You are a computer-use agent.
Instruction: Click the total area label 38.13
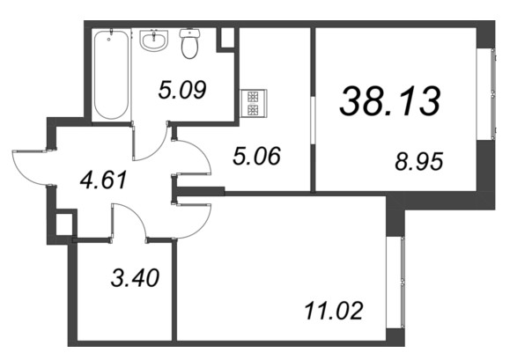(x=390, y=101)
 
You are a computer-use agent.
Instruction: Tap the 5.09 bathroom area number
(x=182, y=90)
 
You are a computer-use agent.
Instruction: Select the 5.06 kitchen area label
(x=256, y=156)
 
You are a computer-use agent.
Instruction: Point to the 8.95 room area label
(x=418, y=161)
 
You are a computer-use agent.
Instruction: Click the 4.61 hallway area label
(x=104, y=180)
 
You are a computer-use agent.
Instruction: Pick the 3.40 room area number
(x=135, y=277)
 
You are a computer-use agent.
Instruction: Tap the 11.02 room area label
(x=334, y=311)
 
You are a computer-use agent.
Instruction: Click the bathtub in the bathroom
(x=111, y=75)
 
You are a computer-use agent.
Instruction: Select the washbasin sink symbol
(x=153, y=40)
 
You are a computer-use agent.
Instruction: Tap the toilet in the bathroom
(x=190, y=43)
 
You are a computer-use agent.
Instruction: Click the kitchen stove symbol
(x=254, y=103)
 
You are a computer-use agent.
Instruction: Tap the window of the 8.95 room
(x=493, y=94)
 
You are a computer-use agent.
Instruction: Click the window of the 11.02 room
(x=403, y=282)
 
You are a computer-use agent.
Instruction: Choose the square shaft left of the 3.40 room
(x=64, y=224)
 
